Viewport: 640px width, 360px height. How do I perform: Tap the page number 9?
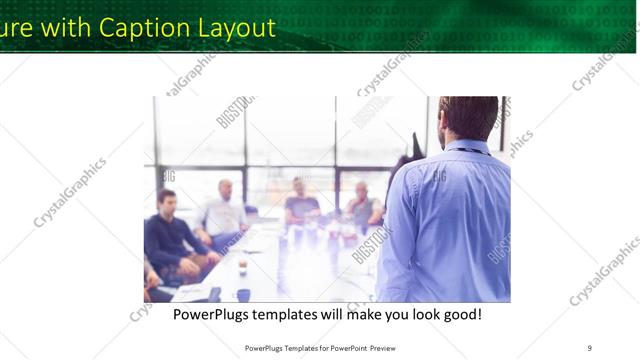pyautogui.click(x=589, y=347)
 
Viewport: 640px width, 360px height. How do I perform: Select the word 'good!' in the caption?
pyautogui.click(x=460, y=314)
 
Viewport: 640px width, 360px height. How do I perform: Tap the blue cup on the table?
pyautogui.click(x=243, y=295)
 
